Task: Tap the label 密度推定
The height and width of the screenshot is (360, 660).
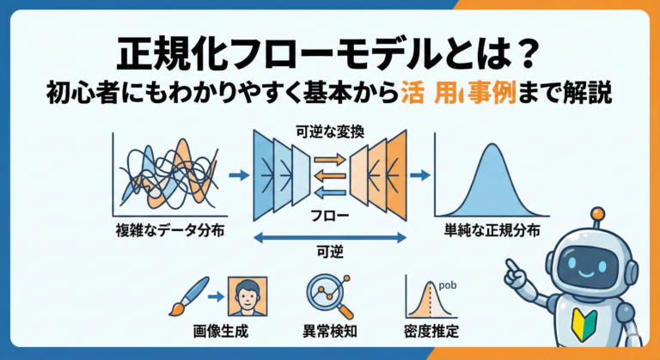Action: coord(431,330)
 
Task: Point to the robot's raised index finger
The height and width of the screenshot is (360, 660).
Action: coord(510,265)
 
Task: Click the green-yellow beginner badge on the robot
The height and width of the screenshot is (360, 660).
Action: coord(584,324)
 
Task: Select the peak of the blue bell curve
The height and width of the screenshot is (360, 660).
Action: coord(486,145)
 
